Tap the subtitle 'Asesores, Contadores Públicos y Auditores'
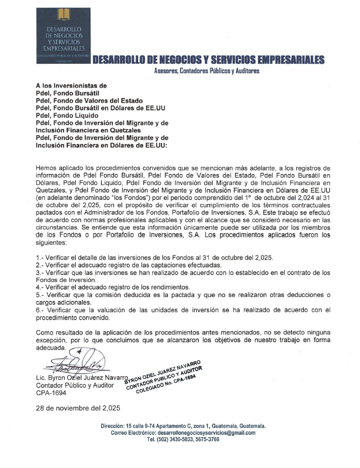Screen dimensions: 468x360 click(206, 72)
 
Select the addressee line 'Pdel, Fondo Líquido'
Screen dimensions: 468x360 click(67, 116)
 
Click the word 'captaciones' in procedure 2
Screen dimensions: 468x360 click(182, 265)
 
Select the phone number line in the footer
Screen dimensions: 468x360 click(183, 440)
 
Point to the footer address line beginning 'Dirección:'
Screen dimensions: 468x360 click(183, 426)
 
